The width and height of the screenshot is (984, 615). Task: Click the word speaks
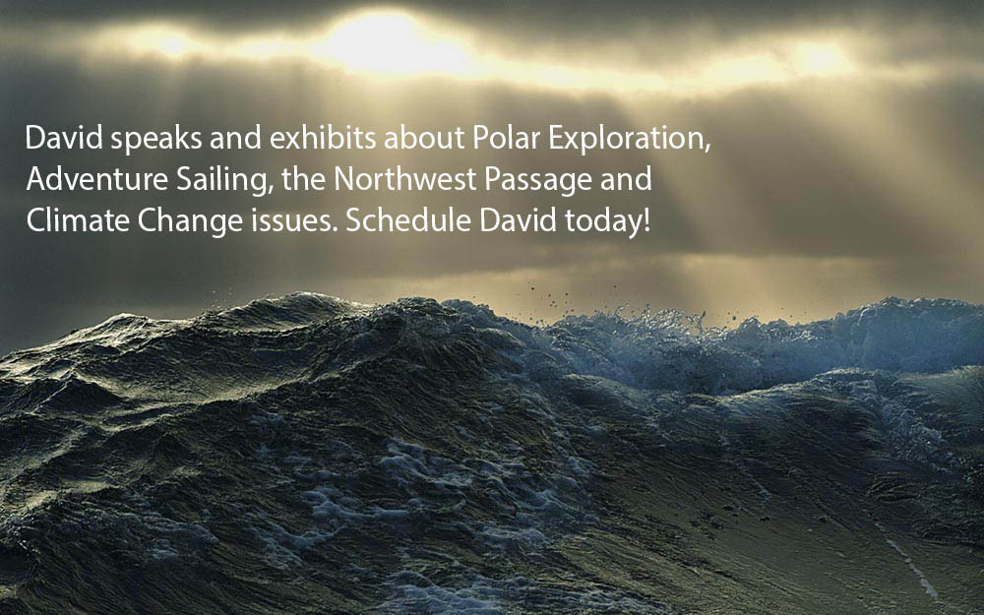click(156, 139)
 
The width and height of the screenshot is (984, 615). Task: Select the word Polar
click(507, 138)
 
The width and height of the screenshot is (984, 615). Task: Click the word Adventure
click(97, 179)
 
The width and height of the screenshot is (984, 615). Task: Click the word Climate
click(78, 220)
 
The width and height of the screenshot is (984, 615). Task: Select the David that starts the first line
click(64, 138)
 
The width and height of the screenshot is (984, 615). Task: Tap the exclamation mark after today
click(646, 220)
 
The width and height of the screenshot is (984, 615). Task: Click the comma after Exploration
click(707, 149)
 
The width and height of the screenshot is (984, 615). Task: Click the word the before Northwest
click(303, 179)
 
